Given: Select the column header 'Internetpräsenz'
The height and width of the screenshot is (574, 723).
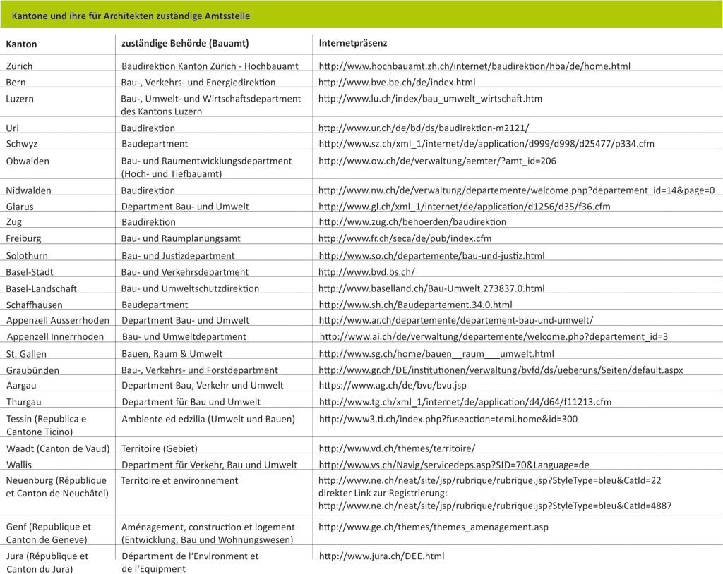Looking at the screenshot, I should [x=353, y=43].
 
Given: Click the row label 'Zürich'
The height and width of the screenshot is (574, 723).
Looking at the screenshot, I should [x=19, y=66].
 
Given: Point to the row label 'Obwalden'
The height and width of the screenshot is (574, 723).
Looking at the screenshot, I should [x=28, y=161].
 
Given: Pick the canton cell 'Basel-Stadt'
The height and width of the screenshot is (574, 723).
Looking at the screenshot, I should [x=30, y=271].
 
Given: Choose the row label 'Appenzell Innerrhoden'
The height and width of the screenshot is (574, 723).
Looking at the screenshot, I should [x=55, y=336].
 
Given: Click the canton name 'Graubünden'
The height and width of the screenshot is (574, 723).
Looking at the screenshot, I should [x=32, y=370].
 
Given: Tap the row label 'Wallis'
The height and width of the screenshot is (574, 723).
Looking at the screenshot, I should [x=19, y=465].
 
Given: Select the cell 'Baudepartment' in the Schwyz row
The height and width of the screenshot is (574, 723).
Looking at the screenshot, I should [x=155, y=144].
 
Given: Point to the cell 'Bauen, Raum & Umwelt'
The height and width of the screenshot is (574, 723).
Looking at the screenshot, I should [x=172, y=353].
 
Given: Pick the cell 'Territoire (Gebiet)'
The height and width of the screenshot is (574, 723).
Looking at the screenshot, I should [x=159, y=448].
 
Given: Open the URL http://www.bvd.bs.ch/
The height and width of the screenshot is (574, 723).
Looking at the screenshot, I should [x=366, y=271].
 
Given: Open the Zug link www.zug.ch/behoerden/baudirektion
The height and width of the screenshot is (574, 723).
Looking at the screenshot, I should [x=412, y=221].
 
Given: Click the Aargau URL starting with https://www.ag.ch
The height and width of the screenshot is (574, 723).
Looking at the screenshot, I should [x=393, y=386].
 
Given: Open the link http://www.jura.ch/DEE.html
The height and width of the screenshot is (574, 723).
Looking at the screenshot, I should [x=381, y=556].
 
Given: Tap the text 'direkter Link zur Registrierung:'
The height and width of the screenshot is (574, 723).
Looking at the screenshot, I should [x=383, y=493].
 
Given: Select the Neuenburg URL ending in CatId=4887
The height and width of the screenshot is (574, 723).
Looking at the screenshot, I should [x=494, y=505].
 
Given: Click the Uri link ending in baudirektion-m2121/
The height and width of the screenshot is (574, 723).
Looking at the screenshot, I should [x=423, y=128].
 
